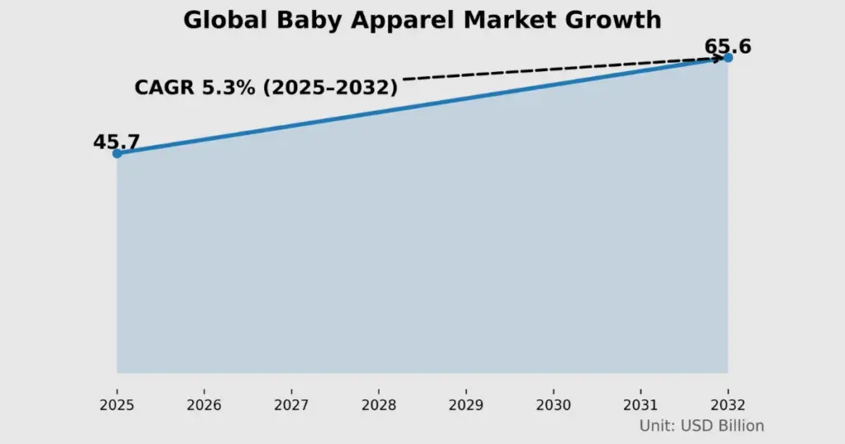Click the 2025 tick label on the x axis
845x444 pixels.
[x=116, y=405]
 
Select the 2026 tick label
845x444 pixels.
[x=204, y=405]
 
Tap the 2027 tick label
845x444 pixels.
[x=291, y=405]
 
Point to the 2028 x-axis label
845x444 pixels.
[x=379, y=405]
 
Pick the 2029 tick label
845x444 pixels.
[x=466, y=405]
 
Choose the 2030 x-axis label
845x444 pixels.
[x=553, y=405]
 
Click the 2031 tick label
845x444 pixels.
[x=640, y=405]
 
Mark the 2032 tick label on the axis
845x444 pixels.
[x=728, y=405]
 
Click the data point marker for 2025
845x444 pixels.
[x=117, y=154]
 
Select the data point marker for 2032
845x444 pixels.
[x=728, y=58]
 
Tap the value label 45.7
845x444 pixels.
[x=116, y=142]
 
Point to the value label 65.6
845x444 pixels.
[x=727, y=46]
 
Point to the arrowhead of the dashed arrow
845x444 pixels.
[x=719, y=59]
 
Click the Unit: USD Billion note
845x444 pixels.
[x=701, y=426]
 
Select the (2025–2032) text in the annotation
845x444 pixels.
[x=330, y=87]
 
